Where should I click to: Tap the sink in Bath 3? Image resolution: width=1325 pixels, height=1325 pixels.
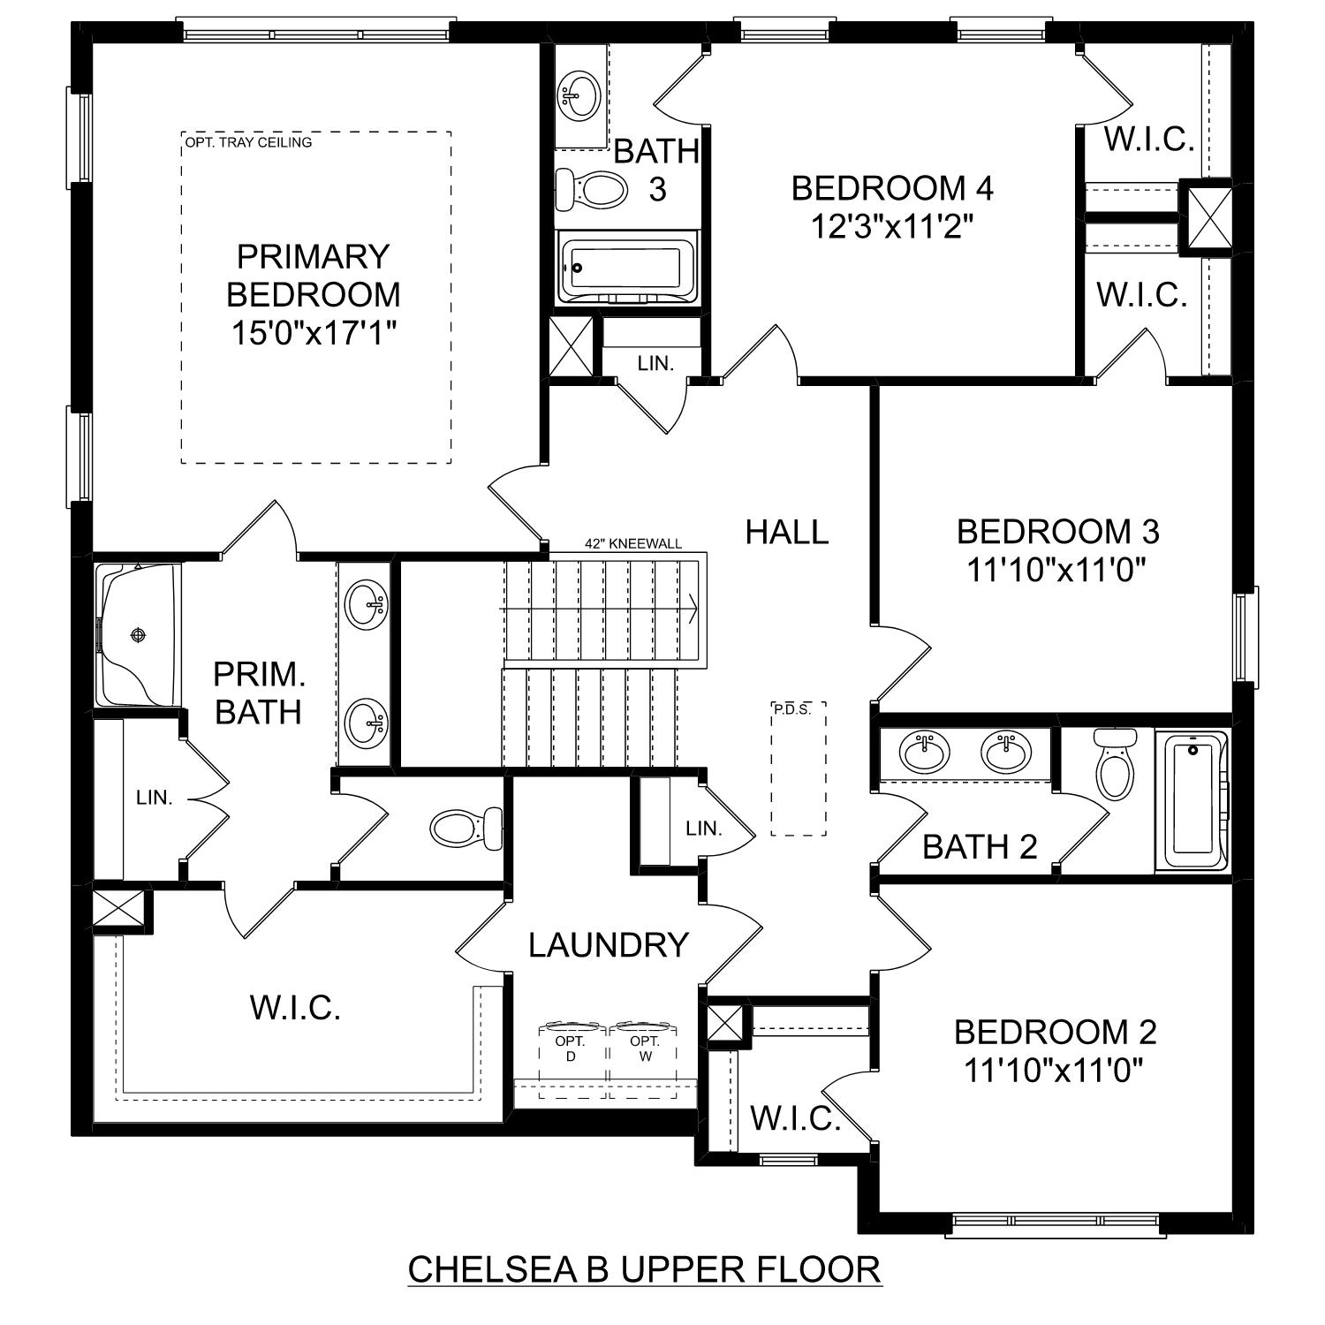coord(579,95)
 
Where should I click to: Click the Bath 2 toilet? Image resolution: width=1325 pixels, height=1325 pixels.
coord(1115,763)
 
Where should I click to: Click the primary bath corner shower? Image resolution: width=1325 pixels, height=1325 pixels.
coord(138,634)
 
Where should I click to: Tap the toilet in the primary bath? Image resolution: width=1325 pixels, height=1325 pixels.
coord(465,829)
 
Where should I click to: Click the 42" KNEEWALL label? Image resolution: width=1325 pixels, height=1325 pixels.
coord(632,544)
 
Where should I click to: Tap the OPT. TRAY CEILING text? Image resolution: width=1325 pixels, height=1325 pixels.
coord(248,142)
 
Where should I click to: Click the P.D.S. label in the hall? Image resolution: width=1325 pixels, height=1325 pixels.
coord(791,709)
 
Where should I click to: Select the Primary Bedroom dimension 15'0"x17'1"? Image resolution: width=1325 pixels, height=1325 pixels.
coord(314,333)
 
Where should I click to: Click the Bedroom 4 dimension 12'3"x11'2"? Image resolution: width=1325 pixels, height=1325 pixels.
coord(892,227)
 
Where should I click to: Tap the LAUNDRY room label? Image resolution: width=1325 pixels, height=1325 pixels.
coord(609,945)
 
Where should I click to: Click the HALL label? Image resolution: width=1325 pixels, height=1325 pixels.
coord(787,532)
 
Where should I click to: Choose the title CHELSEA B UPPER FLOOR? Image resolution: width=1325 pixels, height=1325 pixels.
coord(644,1269)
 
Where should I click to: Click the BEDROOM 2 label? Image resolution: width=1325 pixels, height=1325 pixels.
coord(1055,1032)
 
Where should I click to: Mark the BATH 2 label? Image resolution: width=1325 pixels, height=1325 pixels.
coord(980,847)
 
